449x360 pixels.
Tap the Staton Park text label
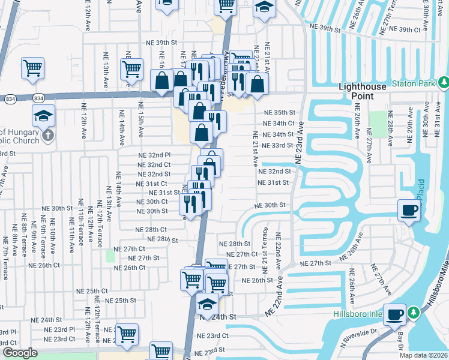(x=413, y=84)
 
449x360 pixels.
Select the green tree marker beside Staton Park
(x=443, y=82)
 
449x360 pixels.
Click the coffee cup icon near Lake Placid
(x=409, y=211)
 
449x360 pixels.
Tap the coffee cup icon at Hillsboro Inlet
(x=394, y=314)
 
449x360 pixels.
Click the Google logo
(x=20, y=353)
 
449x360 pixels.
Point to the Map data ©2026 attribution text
(x=424, y=355)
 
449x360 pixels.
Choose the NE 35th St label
(x=280, y=112)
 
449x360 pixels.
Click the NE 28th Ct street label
(x=150, y=230)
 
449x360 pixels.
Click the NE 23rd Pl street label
(x=60, y=329)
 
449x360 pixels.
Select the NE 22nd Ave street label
(x=279, y=251)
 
